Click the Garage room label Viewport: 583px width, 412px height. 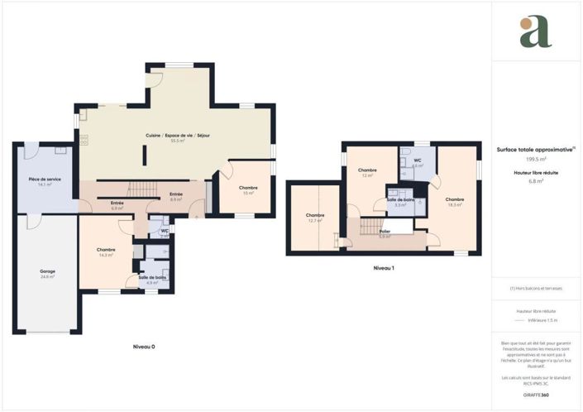pyautogui.click(x=47, y=274)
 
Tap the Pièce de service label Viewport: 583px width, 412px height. pyautogui.click(x=45, y=181)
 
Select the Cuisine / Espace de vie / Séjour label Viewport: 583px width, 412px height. pyautogui.click(x=178, y=137)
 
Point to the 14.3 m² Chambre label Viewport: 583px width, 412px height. pyautogui.click(x=105, y=252)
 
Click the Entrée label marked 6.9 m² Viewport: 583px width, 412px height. pyautogui.click(x=117, y=205)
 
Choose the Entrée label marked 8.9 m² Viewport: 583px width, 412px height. pyautogui.click(x=175, y=196)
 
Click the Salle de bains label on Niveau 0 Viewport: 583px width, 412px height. pyautogui.click(x=152, y=280)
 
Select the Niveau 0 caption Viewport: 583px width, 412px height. pyautogui.click(x=145, y=347)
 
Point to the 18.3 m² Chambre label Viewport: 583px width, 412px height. pyautogui.click(x=454, y=201)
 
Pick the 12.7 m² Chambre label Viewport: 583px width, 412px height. pyautogui.click(x=315, y=218)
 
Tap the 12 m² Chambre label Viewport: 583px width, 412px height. pyautogui.click(x=367, y=171)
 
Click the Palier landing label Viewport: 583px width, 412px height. pyautogui.click(x=385, y=234)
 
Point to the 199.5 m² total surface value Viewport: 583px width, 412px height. pyautogui.click(x=535, y=159)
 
